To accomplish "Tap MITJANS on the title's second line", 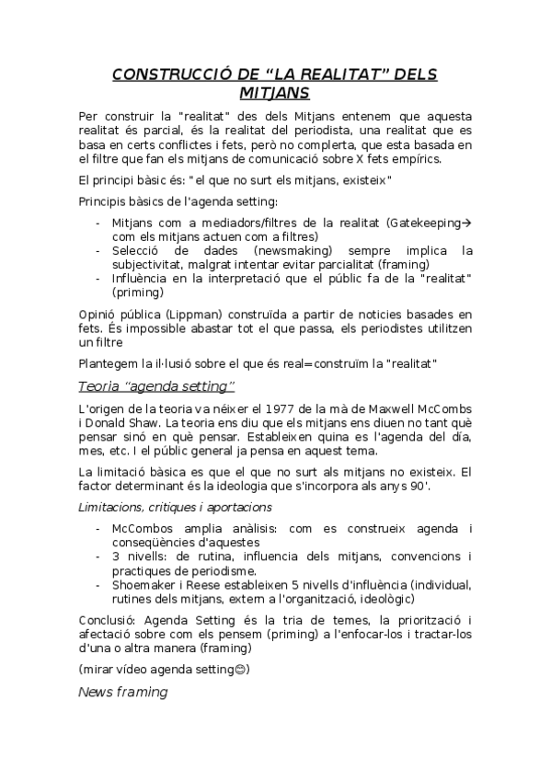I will pyautogui.click(x=275, y=93).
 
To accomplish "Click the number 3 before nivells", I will pyautogui.click(x=115, y=556).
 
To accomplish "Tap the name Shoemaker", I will pyautogui.click(x=148, y=584).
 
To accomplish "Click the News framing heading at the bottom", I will pyautogui.click(x=122, y=692).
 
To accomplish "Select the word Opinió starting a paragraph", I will pyautogui.click(x=101, y=315).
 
